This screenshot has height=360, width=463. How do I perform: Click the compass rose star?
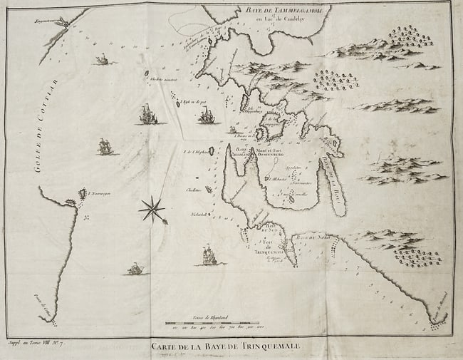click(x=152, y=209)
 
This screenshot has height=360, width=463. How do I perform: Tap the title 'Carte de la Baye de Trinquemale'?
click(x=226, y=347)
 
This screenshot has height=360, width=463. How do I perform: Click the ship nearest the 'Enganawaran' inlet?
click(x=103, y=59)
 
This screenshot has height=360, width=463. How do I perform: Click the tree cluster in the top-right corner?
click(x=410, y=36)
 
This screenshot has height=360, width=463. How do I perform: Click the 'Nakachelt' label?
click(x=197, y=213)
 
